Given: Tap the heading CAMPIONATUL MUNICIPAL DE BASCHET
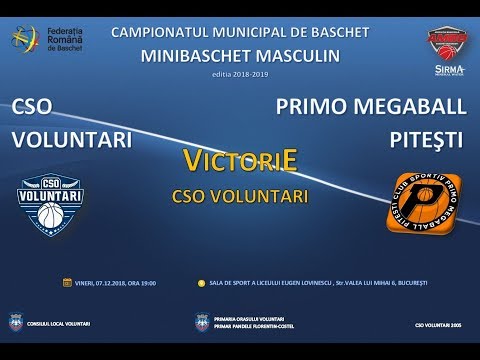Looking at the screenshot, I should pos(240,32).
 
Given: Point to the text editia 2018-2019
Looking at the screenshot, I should pos(240,74).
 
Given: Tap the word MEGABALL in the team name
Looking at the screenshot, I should pos(408,107).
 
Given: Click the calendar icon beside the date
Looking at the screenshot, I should pos(68,283).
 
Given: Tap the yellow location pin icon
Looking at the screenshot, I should pos(202,283).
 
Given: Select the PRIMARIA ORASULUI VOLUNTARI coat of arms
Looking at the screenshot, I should pos(202,324).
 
